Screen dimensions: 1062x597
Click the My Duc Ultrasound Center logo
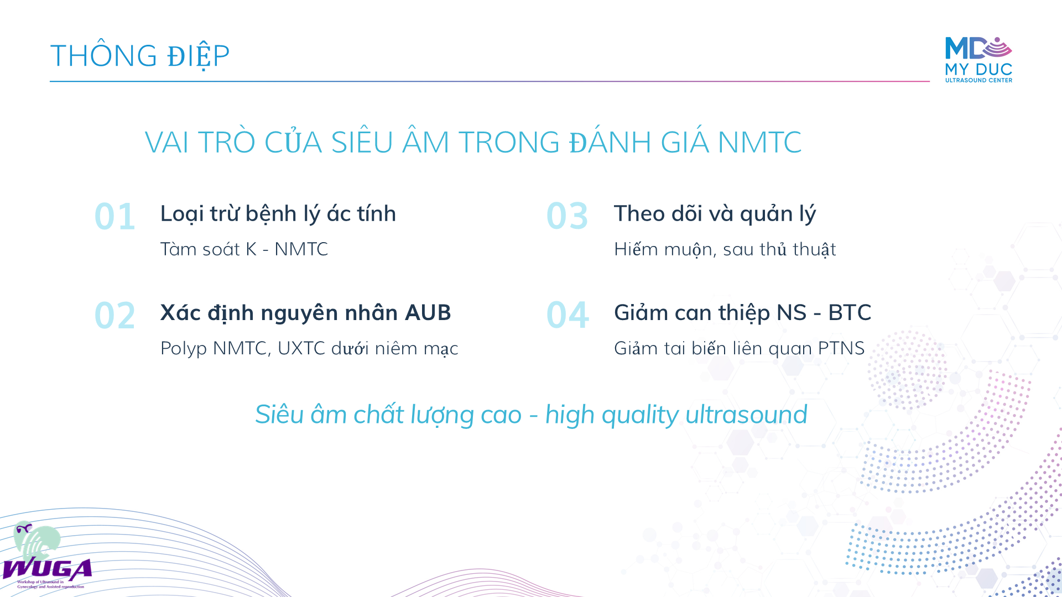(x=978, y=60)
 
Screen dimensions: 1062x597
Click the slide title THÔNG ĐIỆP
(x=140, y=55)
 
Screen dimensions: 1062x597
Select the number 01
(x=115, y=216)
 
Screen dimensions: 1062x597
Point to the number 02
(x=115, y=316)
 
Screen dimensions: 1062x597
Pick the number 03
(x=568, y=216)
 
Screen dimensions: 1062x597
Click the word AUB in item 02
(x=428, y=313)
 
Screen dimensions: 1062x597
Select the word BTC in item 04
(x=850, y=313)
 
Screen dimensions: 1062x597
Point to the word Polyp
(x=184, y=349)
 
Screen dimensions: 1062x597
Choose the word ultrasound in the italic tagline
(x=746, y=415)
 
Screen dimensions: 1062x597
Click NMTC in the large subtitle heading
(x=759, y=142)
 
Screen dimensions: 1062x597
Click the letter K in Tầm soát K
(x=251, y=249)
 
